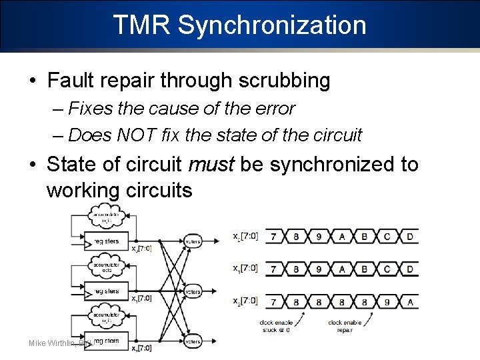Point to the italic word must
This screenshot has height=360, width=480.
[x=213, y=164]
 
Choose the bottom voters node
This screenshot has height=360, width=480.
[x=193, y=341]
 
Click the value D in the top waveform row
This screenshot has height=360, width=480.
[x=409, y=237]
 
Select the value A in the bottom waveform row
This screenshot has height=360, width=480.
[x=409, y=301]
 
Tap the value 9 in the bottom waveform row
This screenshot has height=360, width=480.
[x=387, y=301]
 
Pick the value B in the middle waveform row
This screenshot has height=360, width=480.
[x=364, y=269]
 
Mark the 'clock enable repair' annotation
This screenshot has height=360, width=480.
[x=345, y=326]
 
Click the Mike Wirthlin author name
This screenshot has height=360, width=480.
[x=52, y=343]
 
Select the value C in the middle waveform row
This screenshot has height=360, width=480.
[x=387, y=269]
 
